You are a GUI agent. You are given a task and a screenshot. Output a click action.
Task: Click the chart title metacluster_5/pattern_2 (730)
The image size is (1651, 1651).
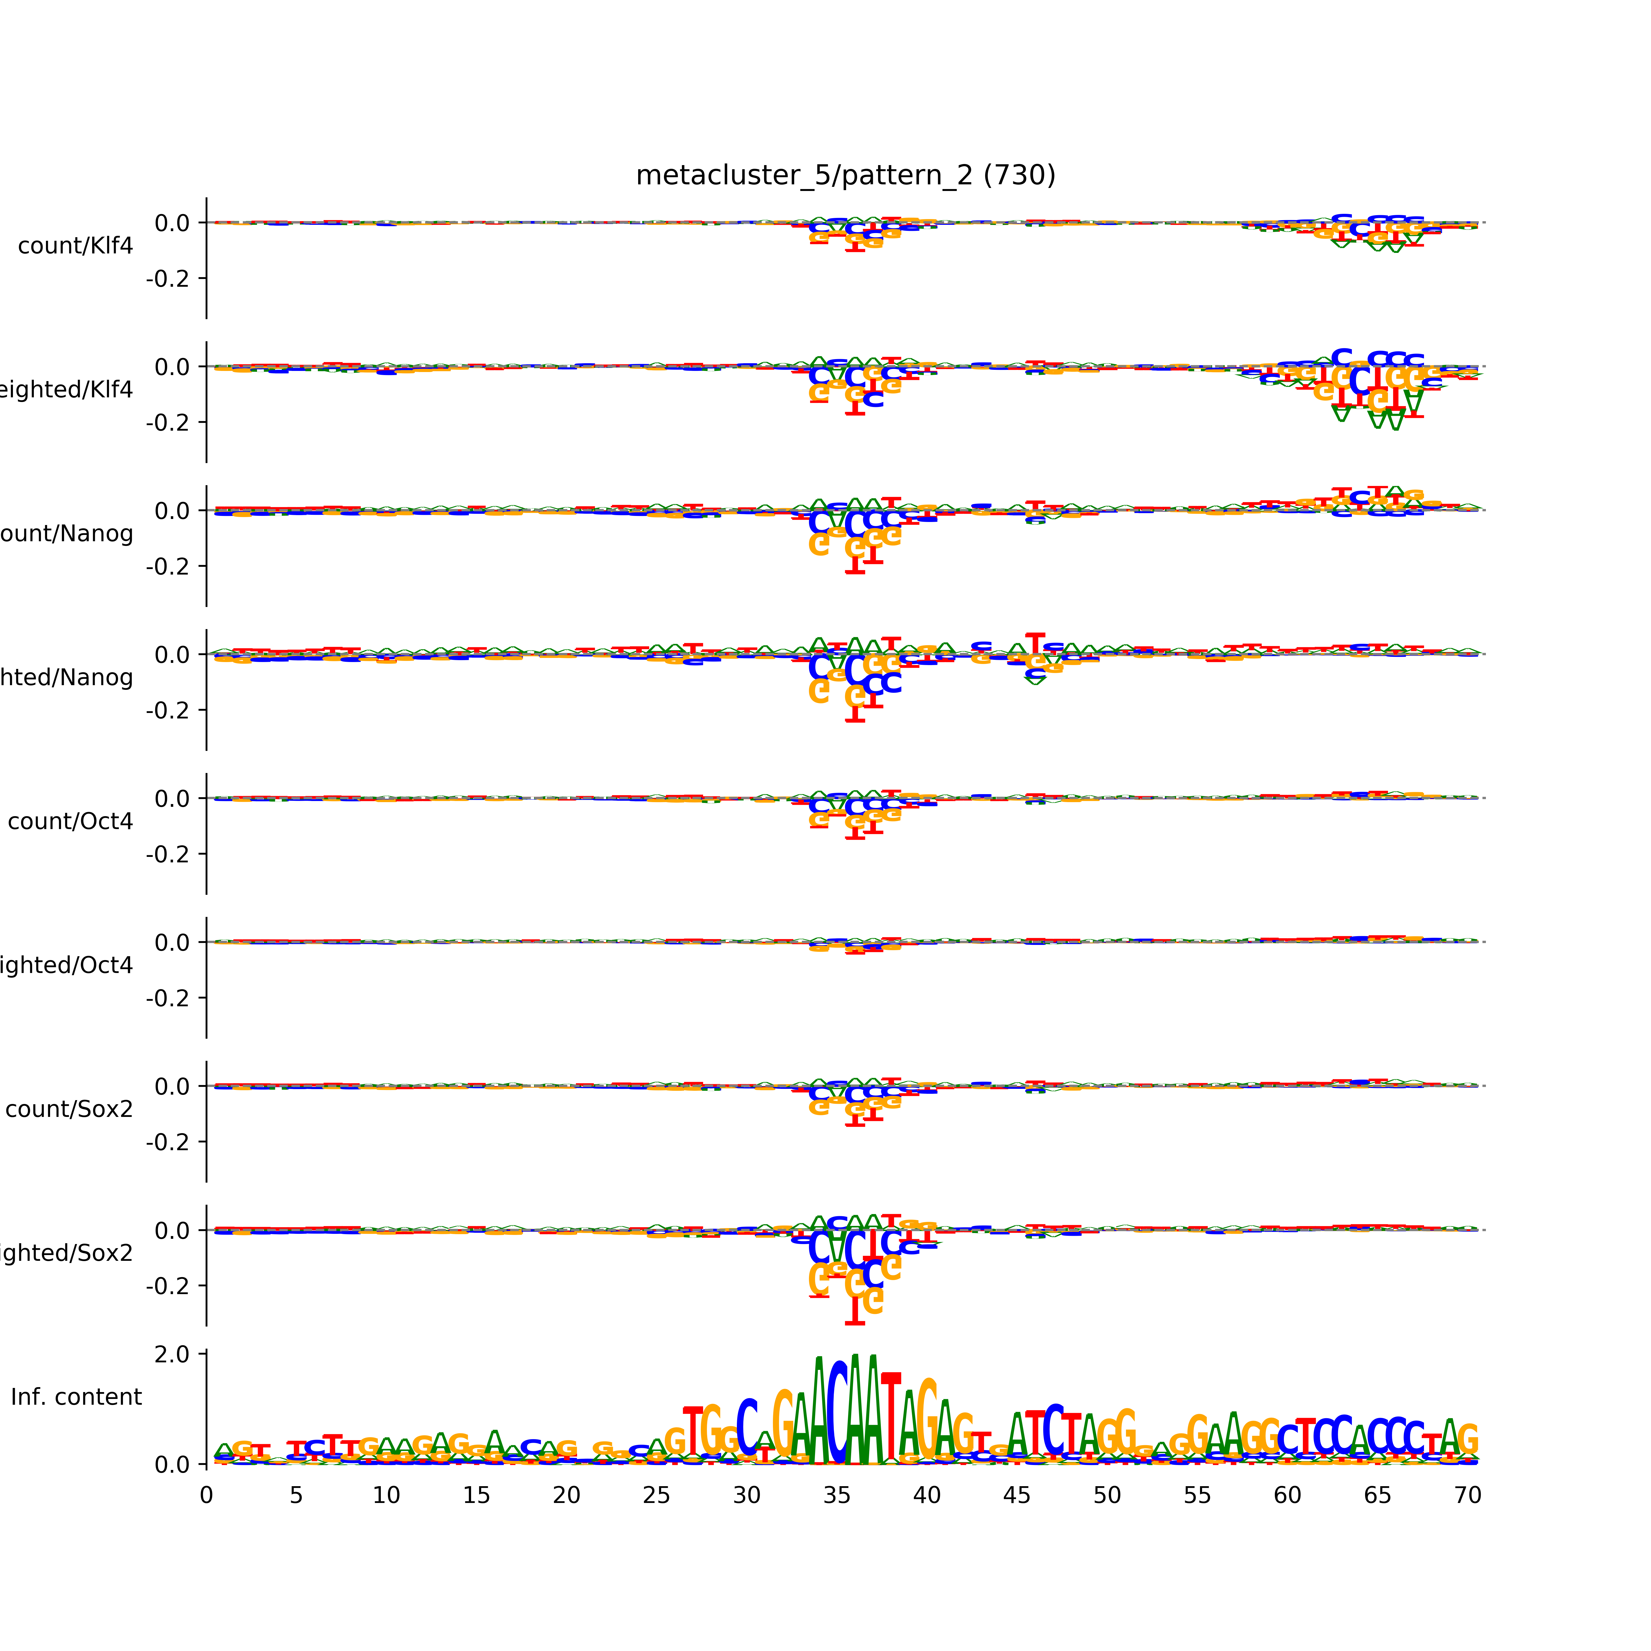click(845, 175)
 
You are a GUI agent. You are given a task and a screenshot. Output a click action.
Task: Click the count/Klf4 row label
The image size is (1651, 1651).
click(75, 246)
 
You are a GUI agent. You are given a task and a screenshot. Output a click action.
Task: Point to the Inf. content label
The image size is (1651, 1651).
click(76, 1397)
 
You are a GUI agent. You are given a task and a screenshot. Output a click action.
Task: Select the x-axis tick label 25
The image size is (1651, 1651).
click(656, 1496)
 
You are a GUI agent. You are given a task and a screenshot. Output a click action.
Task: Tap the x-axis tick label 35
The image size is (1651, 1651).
click(837, 1496)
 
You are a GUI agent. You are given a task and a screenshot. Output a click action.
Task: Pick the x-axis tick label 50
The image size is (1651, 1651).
click(1107, 1496)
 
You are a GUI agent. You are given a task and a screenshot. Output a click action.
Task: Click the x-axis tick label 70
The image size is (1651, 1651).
click(1467, 1496)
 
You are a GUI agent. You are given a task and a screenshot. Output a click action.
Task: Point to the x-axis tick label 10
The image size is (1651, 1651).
click(386, 1496)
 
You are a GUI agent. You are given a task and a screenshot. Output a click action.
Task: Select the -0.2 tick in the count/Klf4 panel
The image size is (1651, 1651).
click(168, 278)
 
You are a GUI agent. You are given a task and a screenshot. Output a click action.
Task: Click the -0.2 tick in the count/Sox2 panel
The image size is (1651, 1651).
click(168, 1142)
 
